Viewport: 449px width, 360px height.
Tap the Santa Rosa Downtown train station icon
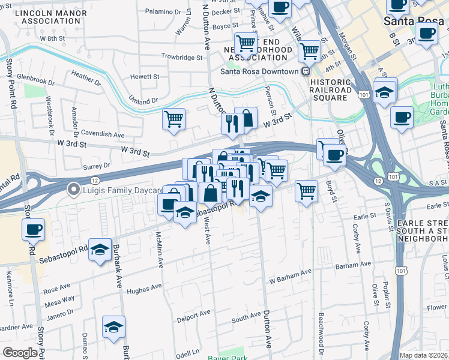[x=306, y=71]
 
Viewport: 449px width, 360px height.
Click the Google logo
[x=20, y=353]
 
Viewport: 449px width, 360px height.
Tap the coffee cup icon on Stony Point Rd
[x=33, y=229]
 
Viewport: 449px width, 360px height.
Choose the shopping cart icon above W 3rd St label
[x=173, y=119]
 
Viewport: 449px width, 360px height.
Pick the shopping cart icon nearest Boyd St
[x=307, y=191]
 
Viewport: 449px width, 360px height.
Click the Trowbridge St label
[x=182, y=57]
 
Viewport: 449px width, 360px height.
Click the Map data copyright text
[x=424, y=355]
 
